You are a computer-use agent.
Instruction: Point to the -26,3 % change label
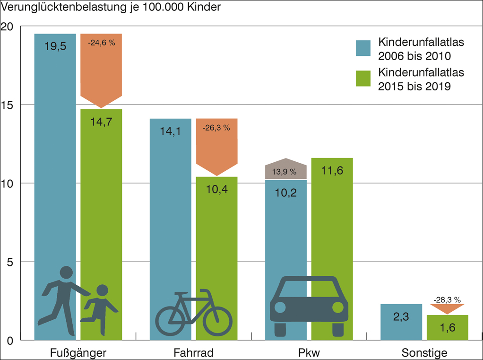[x=216, y=128]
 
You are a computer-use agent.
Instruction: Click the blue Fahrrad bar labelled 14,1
[x=171, y=213]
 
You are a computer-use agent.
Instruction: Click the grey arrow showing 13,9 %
[x=285, y=169]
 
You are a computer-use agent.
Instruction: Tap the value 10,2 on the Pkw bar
[x=285, y=193]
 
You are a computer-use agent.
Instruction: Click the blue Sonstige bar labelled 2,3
[x=401, y=322]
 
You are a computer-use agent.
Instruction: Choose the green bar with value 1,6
[x=447, y=327]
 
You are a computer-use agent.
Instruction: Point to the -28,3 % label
[x=447, y=299]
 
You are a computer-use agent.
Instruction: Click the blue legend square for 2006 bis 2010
[x=364, y=48]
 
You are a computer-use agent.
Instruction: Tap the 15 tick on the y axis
[x=8, y=105]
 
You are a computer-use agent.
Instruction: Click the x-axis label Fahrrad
[x=193, y=353]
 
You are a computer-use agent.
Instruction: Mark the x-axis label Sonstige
[x=424, y=353]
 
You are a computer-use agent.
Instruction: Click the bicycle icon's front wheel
[x=217, y=321]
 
